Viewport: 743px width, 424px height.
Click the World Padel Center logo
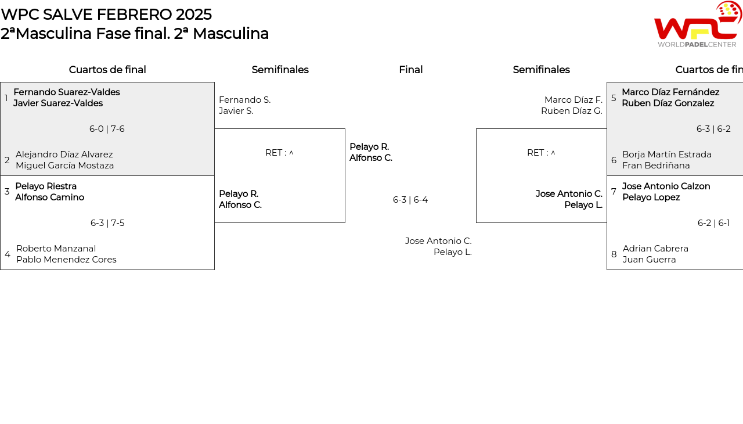tap(698, 24)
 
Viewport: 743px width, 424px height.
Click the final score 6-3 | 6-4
tap(410, 200)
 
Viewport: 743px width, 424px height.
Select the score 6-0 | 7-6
tap(107, 129)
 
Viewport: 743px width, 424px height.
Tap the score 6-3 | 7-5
tap(107, 223)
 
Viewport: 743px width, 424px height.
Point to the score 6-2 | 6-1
tap(714, 223)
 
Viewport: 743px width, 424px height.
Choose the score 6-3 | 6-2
tap(713, 129)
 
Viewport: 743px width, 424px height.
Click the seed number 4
tap(8, 254)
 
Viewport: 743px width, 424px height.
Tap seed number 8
tap(614, 254)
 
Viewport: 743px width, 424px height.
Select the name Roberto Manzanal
tap(56, 249)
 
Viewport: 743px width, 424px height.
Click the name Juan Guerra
tap(649, 260)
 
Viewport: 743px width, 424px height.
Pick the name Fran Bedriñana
tap(656, 165)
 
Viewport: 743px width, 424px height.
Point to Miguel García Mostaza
tap(64, 165)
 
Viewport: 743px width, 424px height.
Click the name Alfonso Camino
tap(50, 197)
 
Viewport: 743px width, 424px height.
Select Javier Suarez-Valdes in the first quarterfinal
tap(58, 103)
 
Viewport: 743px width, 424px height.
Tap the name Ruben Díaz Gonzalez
tap(668, 103)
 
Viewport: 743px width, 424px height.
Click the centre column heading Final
tap(410, 70)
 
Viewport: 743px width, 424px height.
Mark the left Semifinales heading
tap(280, 70)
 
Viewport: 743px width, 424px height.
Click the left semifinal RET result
tap(279, 153)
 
